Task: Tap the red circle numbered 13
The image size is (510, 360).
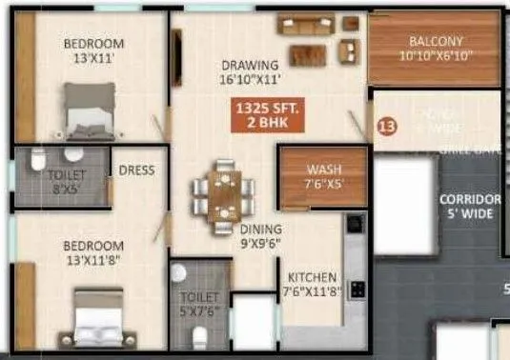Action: click(x=386, y=126)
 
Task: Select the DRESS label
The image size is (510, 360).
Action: click(x=137, y=170)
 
